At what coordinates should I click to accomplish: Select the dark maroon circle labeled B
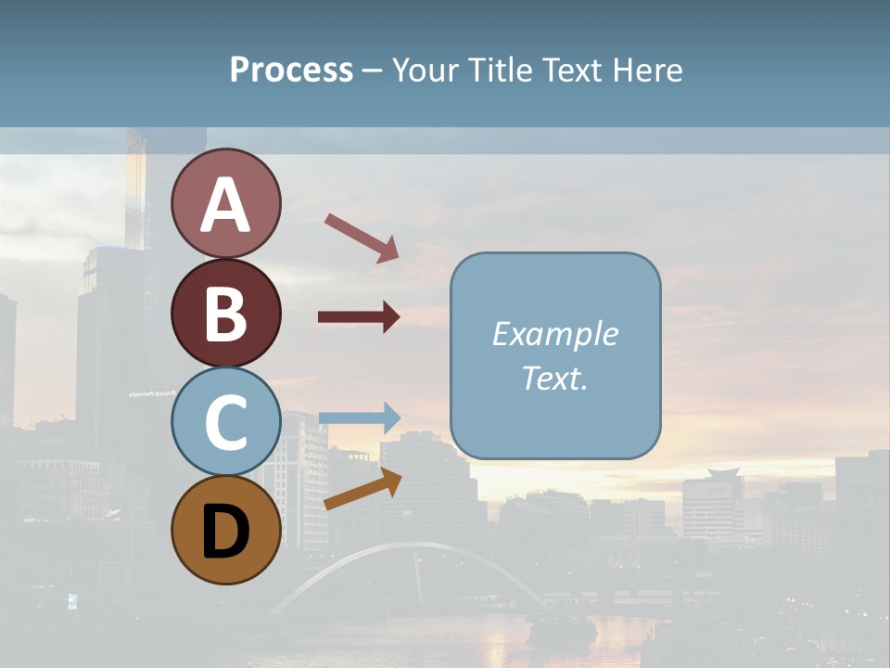click(225, 313)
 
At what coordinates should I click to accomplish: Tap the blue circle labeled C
click(225, 421)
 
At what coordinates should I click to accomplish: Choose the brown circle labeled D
click(225, 530)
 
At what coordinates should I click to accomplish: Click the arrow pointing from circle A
click(362, 238)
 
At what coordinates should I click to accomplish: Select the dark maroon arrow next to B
click(359, 317)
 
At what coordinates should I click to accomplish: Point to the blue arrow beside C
click(359, 417)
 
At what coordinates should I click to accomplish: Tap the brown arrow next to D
click(362, 490)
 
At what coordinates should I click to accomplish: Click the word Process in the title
click(291, 70)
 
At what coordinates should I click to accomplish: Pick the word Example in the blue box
click(555, 334)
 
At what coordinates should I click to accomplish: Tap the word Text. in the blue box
click(555, 378)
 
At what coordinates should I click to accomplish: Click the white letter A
click(225, 205)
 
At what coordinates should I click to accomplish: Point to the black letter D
click(225, 532)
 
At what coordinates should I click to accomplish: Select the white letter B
click(225, 314)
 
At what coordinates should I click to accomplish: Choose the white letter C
click(225, 422)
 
